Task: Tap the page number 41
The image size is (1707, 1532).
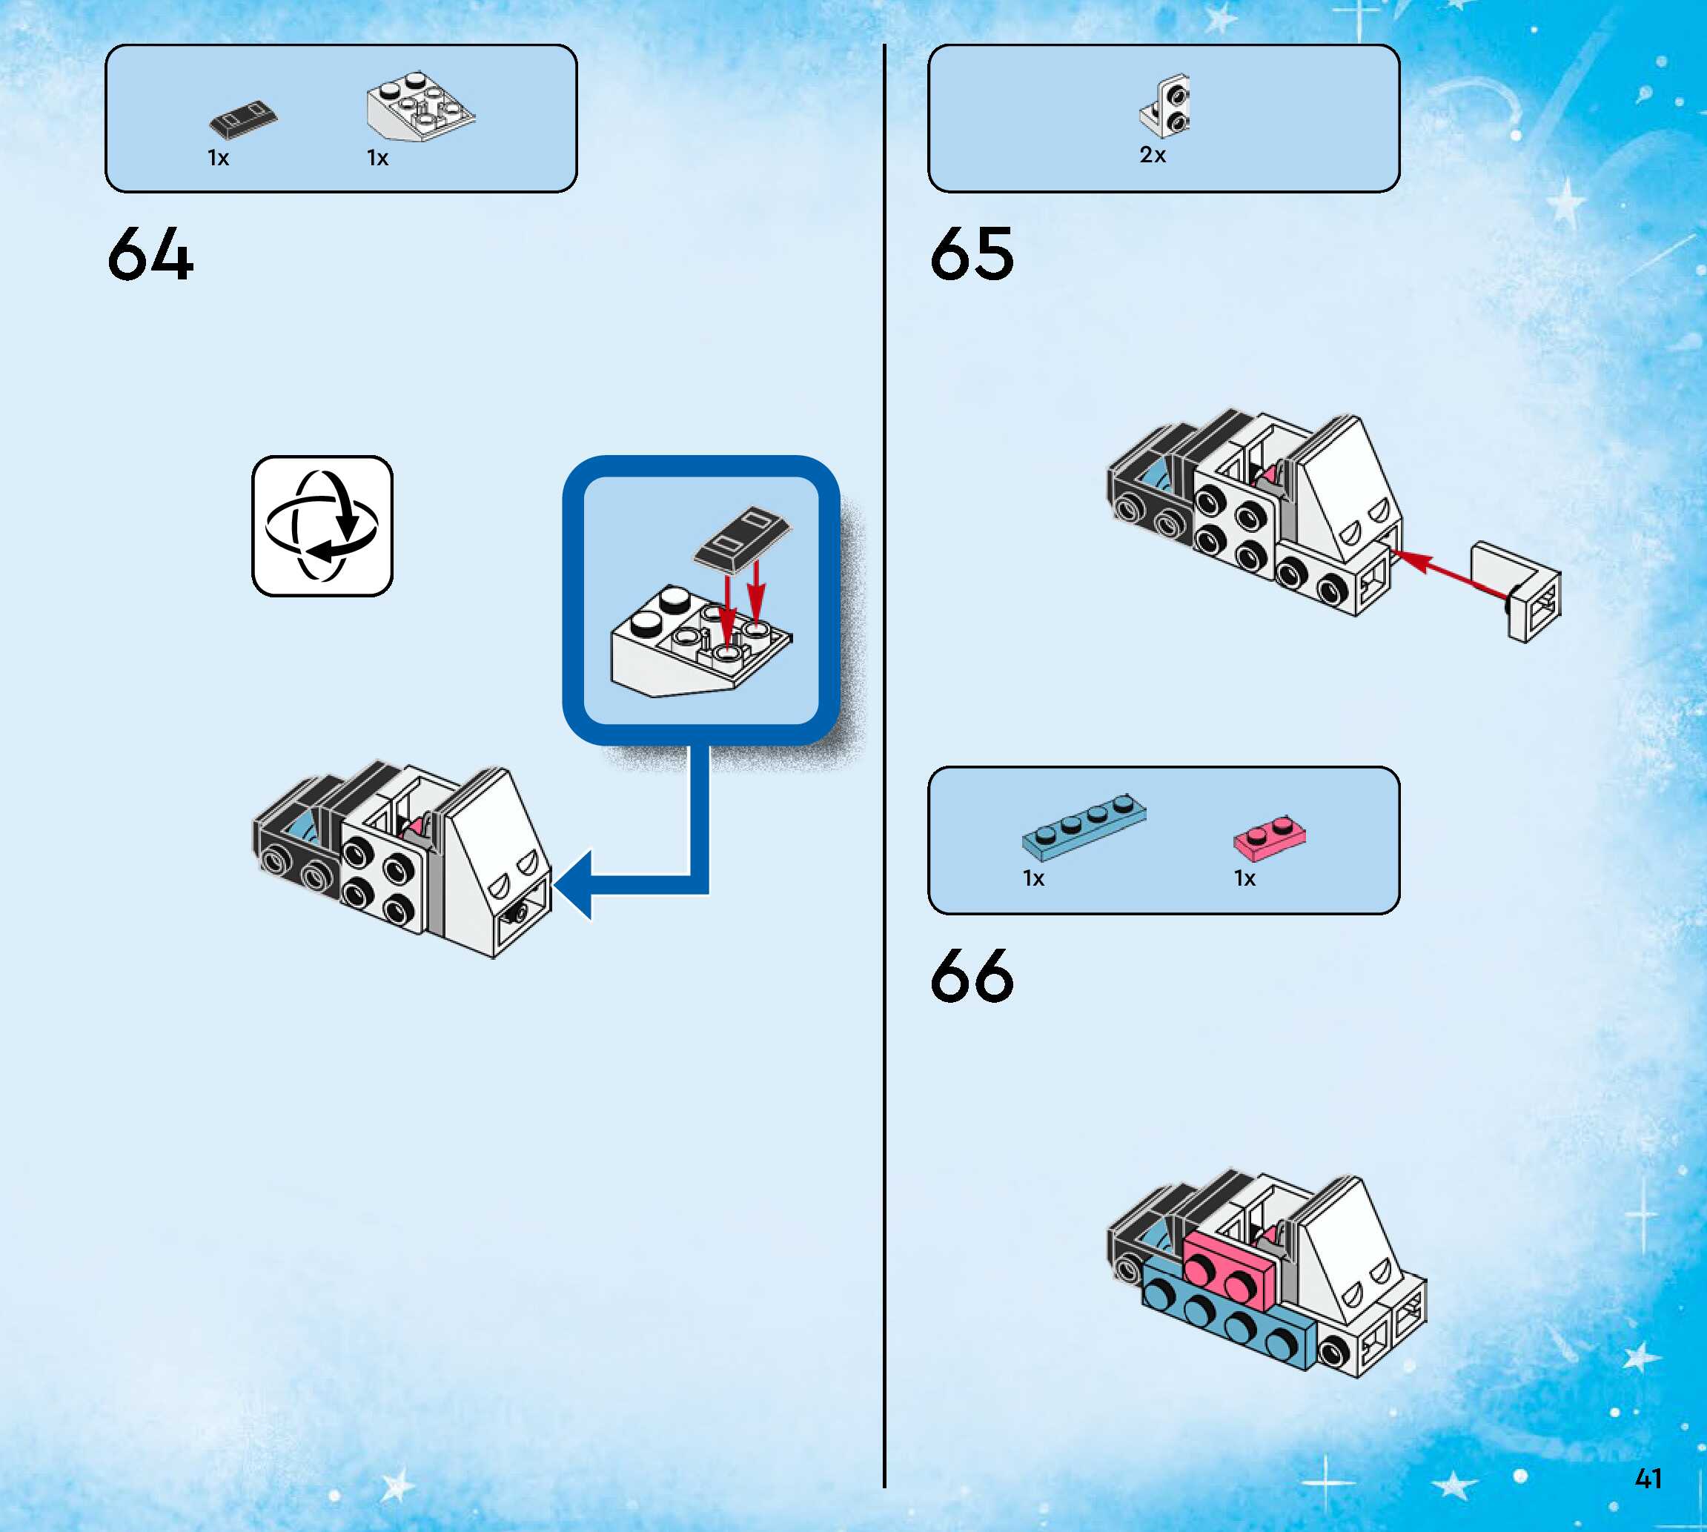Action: [x=1647, y=1478]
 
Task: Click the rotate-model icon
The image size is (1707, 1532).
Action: [x=322, y=526]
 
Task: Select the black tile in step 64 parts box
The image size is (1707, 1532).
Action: [x=243, y=120]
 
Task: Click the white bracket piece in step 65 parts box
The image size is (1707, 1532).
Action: [x=1166, y=107]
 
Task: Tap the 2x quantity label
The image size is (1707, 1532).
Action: [x=1153, y=155]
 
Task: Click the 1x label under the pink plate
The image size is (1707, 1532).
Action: [x=1244, y=879]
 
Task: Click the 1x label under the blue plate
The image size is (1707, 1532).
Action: [x=1034, y=879]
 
